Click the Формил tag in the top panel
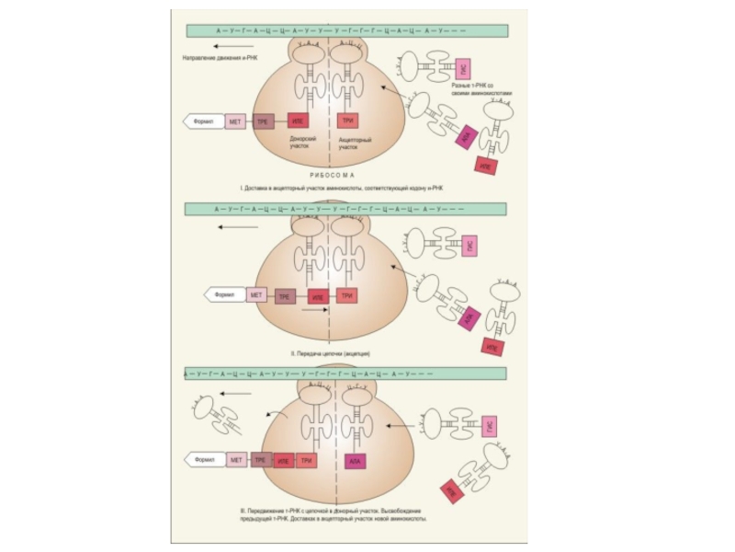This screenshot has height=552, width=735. (204, 121)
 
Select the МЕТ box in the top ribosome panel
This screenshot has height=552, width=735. (235, 121)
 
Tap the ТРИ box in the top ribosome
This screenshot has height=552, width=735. (347, 121)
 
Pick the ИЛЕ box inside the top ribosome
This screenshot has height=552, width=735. (298, 121)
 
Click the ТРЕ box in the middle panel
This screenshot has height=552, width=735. (285, 297)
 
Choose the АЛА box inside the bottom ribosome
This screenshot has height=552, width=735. (355, 460)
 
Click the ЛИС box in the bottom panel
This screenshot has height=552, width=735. (491, 427)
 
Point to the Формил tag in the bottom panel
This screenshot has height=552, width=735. (204, 459)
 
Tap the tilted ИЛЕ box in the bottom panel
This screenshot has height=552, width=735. (451, 491)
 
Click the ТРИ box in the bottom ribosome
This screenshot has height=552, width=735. (307, 460)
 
